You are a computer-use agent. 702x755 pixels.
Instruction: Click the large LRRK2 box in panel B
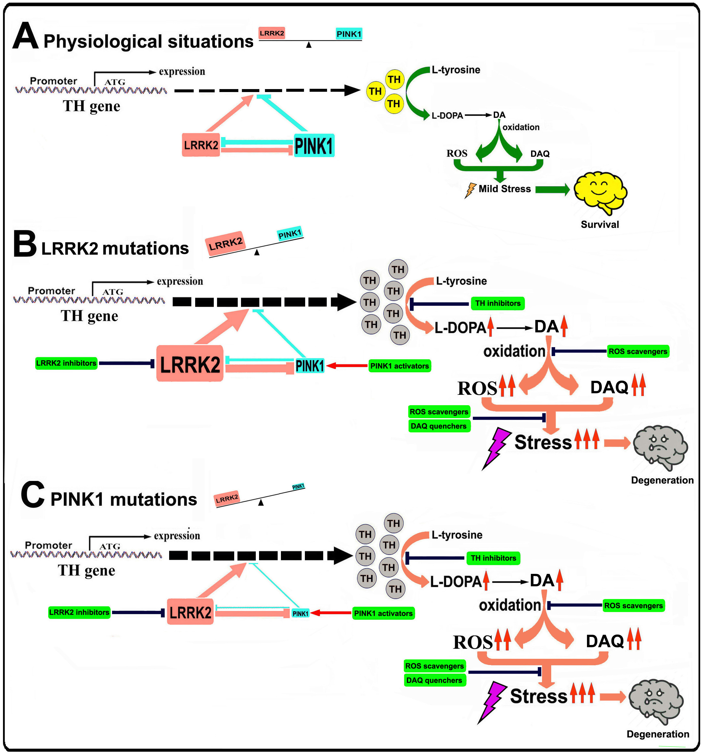[190, 363]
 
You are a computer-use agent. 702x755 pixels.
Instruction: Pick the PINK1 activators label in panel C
[383, 613]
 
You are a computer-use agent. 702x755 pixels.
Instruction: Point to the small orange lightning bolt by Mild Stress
[470, 190]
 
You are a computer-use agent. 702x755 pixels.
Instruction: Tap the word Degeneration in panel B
[662, 480]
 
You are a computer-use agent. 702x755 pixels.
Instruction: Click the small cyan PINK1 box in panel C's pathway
[300, 613]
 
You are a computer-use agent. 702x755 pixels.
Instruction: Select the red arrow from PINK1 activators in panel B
[347, 366]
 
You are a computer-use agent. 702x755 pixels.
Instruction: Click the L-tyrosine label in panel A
[456, 70]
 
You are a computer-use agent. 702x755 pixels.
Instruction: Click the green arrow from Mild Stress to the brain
[552, 189]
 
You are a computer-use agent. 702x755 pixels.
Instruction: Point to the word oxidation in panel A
[521, 127]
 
